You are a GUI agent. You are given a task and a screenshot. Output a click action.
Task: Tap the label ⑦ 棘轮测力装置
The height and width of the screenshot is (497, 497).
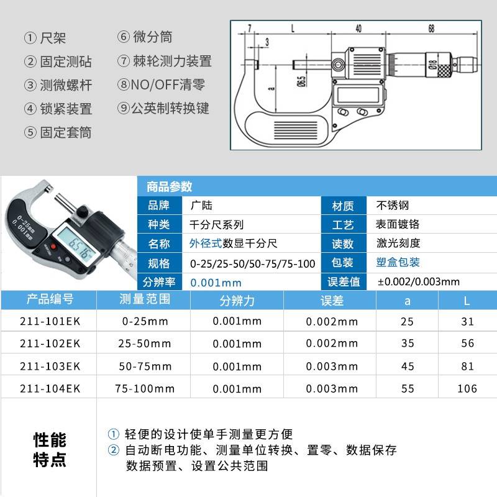164,61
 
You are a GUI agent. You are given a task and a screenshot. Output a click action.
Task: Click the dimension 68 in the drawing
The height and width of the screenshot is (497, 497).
431,29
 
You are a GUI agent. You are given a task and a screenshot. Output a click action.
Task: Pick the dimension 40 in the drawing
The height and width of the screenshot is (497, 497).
358,29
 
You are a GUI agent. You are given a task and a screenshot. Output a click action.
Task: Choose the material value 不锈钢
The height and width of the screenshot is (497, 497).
393,205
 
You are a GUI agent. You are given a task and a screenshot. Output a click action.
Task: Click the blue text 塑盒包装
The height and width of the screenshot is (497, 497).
398,262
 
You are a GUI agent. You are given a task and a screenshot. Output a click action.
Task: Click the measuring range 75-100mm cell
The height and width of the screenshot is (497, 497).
145,389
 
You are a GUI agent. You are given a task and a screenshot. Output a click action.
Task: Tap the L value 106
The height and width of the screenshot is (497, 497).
467,389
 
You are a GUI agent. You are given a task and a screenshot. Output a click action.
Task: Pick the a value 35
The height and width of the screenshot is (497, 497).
408,344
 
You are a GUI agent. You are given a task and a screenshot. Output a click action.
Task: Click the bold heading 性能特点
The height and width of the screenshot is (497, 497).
49,450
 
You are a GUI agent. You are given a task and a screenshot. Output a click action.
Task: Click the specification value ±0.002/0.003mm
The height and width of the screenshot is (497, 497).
419,281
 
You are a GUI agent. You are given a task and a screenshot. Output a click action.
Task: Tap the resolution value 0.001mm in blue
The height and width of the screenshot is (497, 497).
216,281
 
